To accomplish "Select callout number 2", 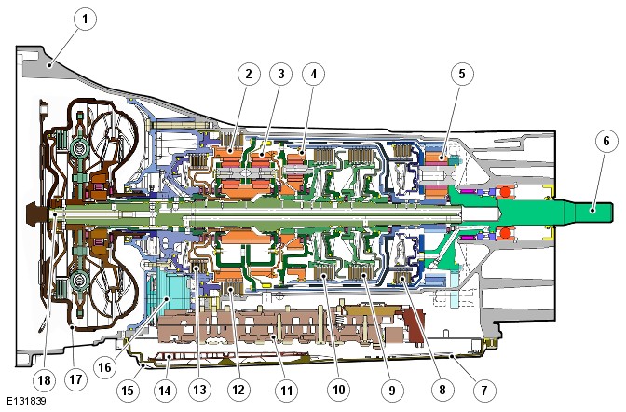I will [x=247, y=73].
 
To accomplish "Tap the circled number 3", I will [x=280, y=73].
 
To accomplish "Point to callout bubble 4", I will [x=316, y=73].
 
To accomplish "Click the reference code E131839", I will [x=25, y=402].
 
